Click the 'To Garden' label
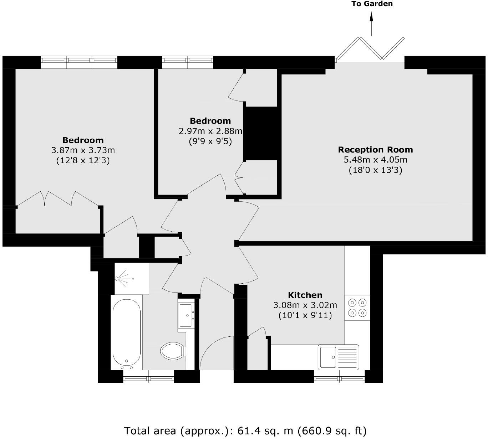tap(372, 4)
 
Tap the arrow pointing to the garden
tap(371, 24)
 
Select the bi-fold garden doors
tap(370, 48)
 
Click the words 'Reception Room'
tap(375, 150)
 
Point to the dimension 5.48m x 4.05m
tap(375, 160)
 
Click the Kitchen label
tap(305, 295)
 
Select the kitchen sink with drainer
tap(338, 357)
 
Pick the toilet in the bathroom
tap(172, 351)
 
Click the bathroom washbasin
tap(186, 315)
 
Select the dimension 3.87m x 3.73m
tap(83, 150)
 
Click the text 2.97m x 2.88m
tap(210, 131)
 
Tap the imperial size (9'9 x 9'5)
tap(210, 141)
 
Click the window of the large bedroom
tap(79, 62)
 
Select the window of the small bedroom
tap(188, 62)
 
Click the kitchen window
tap(339, 376)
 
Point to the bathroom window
tap(148, 376)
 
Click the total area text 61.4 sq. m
tap(245, 431)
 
